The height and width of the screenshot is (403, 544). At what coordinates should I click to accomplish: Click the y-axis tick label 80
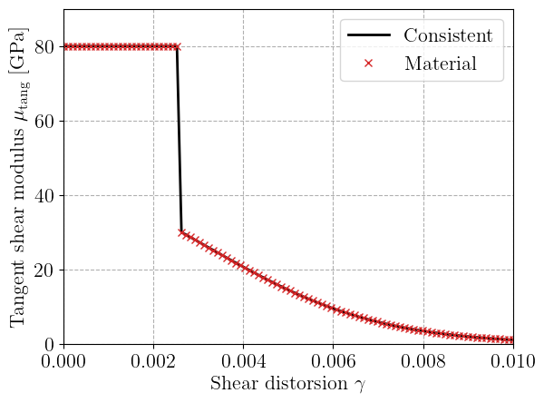click(44, 47)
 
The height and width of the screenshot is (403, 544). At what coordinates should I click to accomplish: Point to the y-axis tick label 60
click(44, 122)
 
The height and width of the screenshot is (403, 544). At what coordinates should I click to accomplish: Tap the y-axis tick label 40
click(44, 196)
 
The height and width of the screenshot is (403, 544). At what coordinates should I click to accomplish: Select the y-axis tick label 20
click(44, 270)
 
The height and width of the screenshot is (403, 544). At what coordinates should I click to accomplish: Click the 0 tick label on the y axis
click(50, 345)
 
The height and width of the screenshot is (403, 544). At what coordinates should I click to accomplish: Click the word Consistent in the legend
click(448, 36)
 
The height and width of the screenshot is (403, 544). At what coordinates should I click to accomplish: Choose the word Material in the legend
click(441, 64)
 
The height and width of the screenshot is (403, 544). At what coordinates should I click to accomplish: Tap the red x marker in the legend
click(368, 64)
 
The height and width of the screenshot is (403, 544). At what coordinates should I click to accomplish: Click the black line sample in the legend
click(368, 36)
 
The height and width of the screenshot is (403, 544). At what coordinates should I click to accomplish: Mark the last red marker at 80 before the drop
click(177, 47)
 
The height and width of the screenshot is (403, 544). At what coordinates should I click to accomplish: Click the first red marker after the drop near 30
click(182, 232)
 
